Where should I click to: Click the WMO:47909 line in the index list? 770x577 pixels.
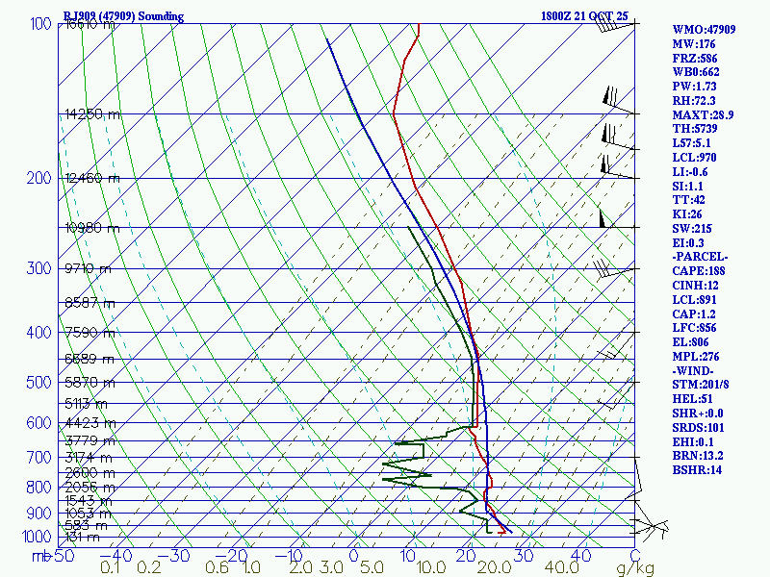pos(704,30)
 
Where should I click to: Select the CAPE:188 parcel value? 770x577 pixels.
pos(699,271)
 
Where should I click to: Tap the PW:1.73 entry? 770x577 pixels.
pos(694,87)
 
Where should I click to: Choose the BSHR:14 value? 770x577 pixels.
pos(697,470)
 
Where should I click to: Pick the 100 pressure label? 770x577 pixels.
pos(41,24)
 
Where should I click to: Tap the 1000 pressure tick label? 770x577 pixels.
pos(38,537)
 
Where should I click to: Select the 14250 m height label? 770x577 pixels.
pos(92,114)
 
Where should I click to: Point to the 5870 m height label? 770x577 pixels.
pos(89,383)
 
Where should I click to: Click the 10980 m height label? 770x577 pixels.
pos(92,228)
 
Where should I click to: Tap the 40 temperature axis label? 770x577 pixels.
pos(581,555)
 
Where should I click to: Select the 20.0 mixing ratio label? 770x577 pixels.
pos(500,568)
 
